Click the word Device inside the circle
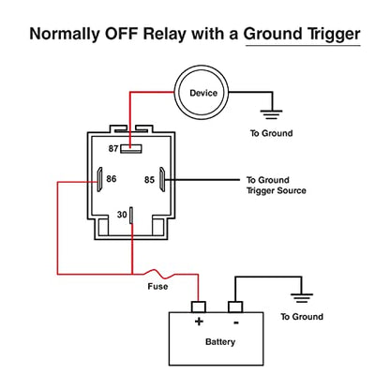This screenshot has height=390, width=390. pyautogui.click(x=203, y=93)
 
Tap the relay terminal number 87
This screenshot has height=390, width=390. pyautogui.click(x=113, y=148)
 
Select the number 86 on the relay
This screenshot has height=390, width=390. pyautogui.click(x=112, y=179)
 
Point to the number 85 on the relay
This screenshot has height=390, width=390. pyautogui.click(x=149, y=180)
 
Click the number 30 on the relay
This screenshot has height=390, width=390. pyautogui.click(x=122, y=215)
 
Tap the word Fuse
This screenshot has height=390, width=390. pyautogui.click(x=157, y=286)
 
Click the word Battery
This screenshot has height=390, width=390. pyautogui.click(x=220, y=342)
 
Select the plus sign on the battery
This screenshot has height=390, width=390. pyautogui.click(x=199, y=322)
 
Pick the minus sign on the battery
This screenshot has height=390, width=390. pyautogui.click(x=236, y=322)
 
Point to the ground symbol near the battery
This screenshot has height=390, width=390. pyautogui.click(x=302, y=298)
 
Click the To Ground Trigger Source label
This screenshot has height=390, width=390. pyautogui.click(x=277, y=186)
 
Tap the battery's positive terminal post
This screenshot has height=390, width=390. pyautogui.click(x=199, y=307)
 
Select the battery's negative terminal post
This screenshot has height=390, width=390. pyautogui.click(x=235, y=307)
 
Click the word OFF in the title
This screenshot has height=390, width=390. pyautogui.click(x=122, y=34)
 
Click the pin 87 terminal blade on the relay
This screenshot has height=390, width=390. pyautogui.click(x=131, y=149)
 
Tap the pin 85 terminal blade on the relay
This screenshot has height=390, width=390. pyautogui.click(x=162, y=179)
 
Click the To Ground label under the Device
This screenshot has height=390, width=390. pyautogui.click(x=272, y=133)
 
